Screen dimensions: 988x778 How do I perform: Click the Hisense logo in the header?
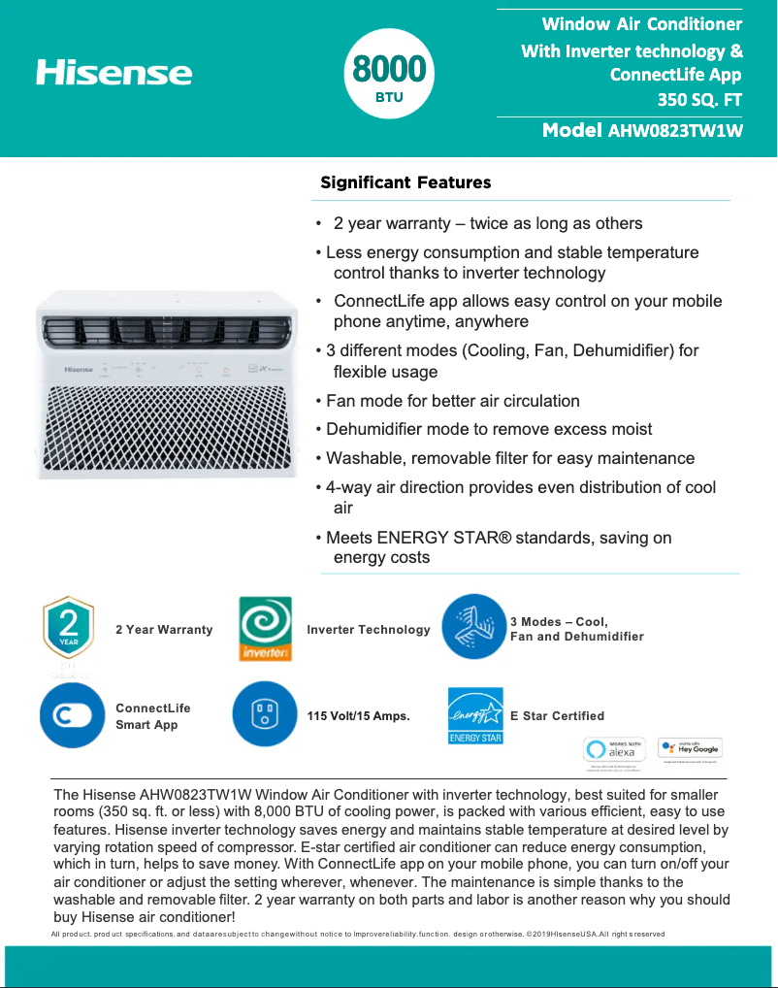tap(114, 73)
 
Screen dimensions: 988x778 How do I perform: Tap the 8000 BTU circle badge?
tap(388, 74)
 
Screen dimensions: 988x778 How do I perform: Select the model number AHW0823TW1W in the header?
tap(674, 131)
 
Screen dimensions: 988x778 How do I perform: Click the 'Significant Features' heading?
tap(405, 182)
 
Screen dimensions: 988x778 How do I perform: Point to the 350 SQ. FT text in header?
tap(699, 97)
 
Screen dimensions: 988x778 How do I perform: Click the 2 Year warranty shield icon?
tap(68, 628)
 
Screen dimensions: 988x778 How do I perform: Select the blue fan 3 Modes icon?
tap(473, 627)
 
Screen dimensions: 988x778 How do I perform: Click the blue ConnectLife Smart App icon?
tap(72, 715)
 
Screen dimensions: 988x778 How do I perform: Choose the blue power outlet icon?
tap(265, 714)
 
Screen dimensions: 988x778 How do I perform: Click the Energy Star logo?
tap(475, 715)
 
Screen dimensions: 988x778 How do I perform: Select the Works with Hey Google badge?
tap(690, 748)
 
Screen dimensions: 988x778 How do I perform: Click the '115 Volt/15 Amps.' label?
tap(359, 716)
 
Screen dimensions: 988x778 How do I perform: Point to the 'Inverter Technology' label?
tap(368, 630)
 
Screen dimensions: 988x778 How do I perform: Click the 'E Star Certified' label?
tap(557, 716)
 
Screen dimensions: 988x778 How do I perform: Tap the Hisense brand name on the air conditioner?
tap(79, 370)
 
